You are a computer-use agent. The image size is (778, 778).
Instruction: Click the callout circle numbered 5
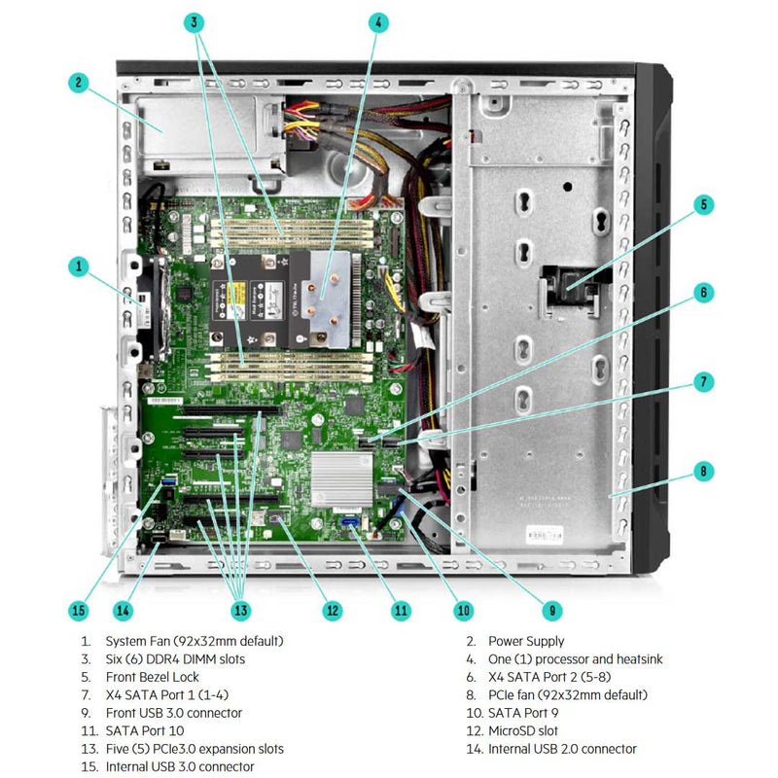click(x=704, y=204)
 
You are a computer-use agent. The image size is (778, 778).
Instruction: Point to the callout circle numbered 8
click(x=704, y=473)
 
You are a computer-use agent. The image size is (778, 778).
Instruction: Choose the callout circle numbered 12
click(x=333, y=610)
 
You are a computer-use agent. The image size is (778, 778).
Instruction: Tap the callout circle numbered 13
click(x=239, y=610)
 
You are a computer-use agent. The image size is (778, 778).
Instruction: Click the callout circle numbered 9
click(x=550, y=610)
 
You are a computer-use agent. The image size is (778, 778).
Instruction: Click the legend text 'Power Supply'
click(x=525, y=641)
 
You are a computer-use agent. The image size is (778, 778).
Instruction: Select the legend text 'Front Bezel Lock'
click(x=153, y=677)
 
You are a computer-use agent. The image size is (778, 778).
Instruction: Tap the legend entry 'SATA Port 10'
click(x=145, y=730)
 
